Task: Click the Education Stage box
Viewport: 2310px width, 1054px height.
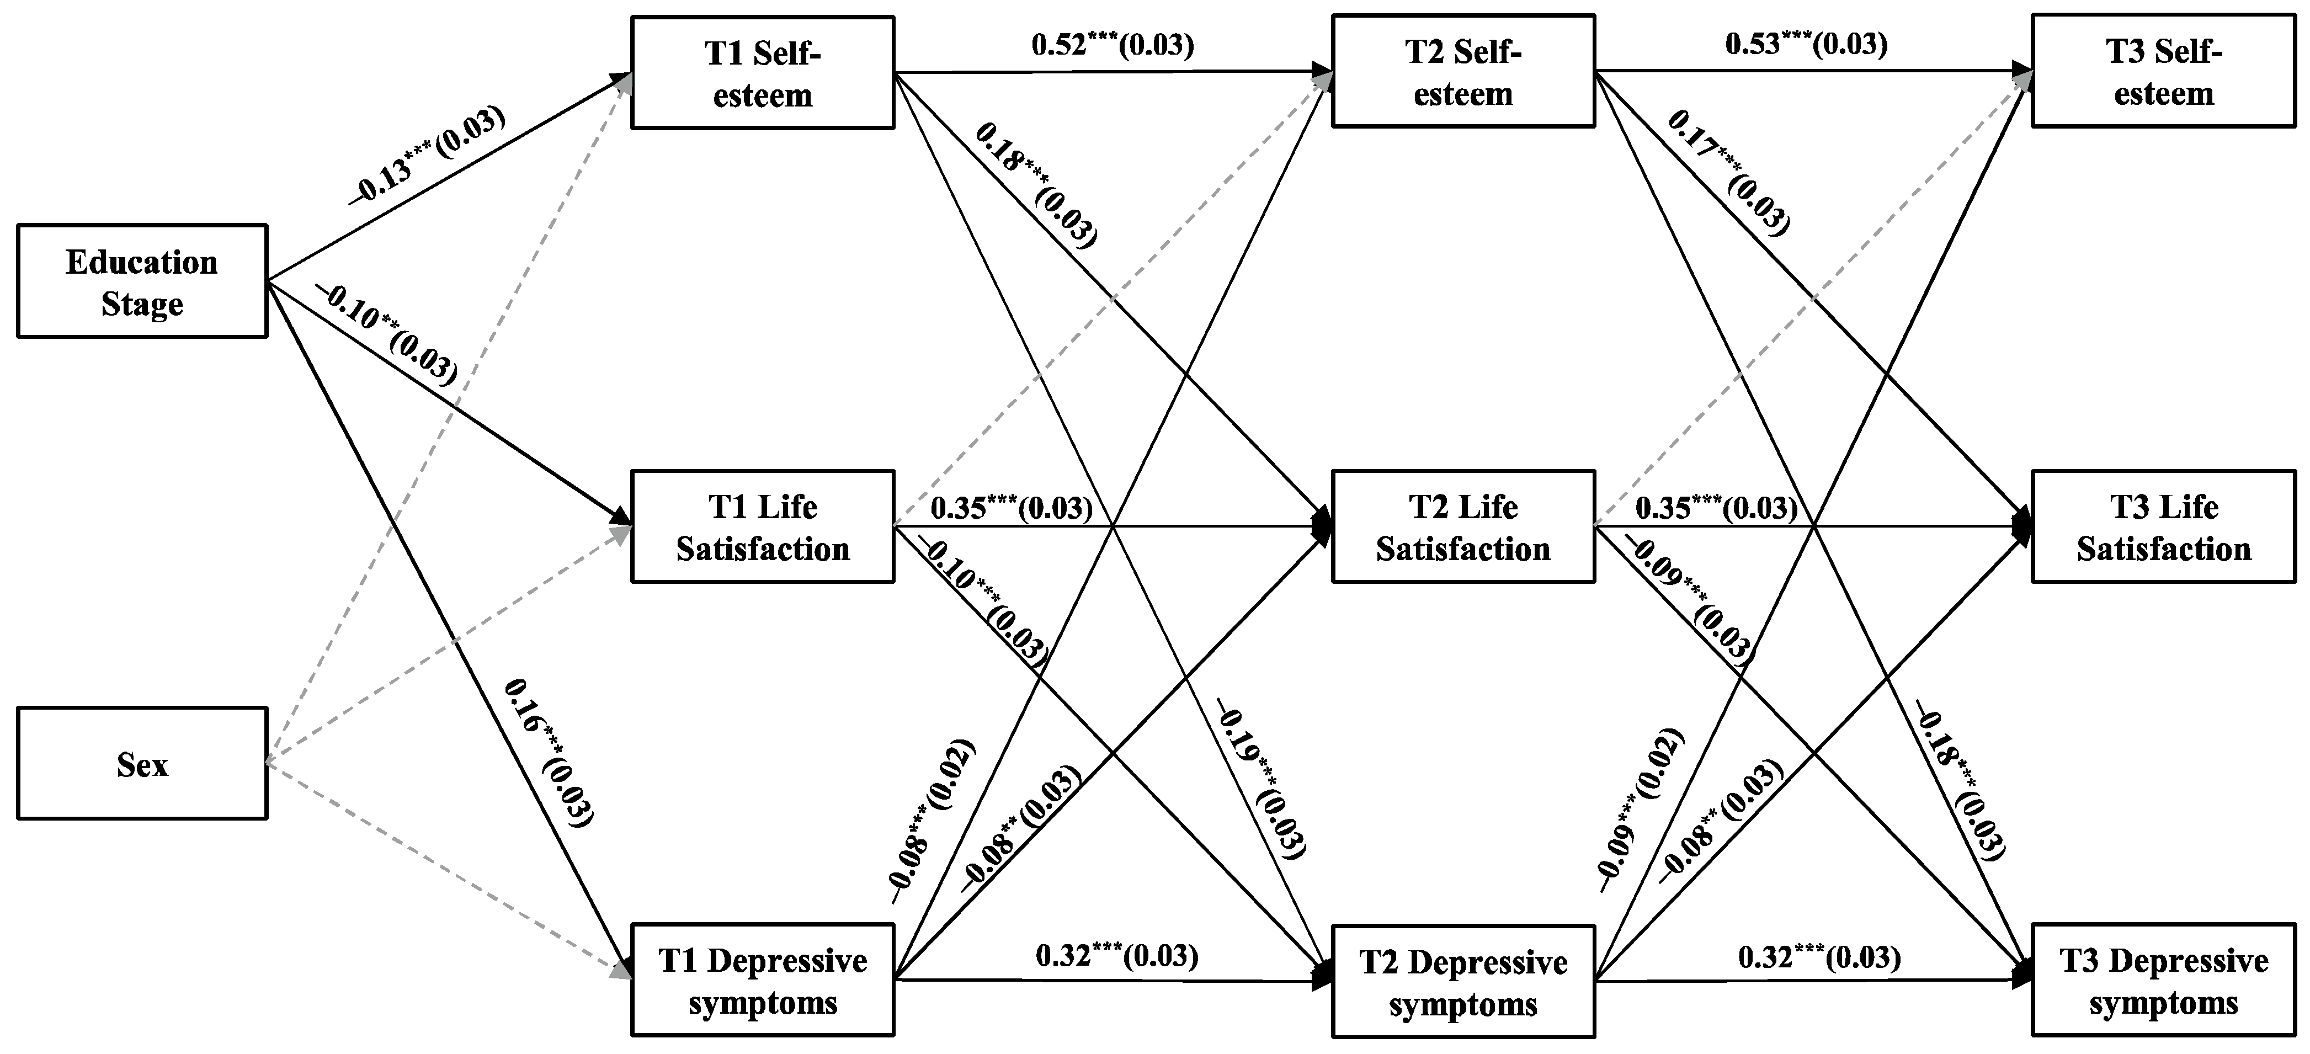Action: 142,281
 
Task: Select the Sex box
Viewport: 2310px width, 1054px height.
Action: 142,763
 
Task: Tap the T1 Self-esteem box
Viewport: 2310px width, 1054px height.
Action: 762,73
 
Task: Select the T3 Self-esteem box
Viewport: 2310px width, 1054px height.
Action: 2163,71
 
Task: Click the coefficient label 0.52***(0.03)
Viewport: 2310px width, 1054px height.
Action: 1112,45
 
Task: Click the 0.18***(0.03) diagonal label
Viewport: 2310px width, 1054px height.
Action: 1036,185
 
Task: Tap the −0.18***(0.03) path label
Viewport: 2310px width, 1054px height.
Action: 1960,779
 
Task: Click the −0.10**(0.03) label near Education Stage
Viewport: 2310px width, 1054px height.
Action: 387,334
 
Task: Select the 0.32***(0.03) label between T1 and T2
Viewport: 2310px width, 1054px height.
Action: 1116,955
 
